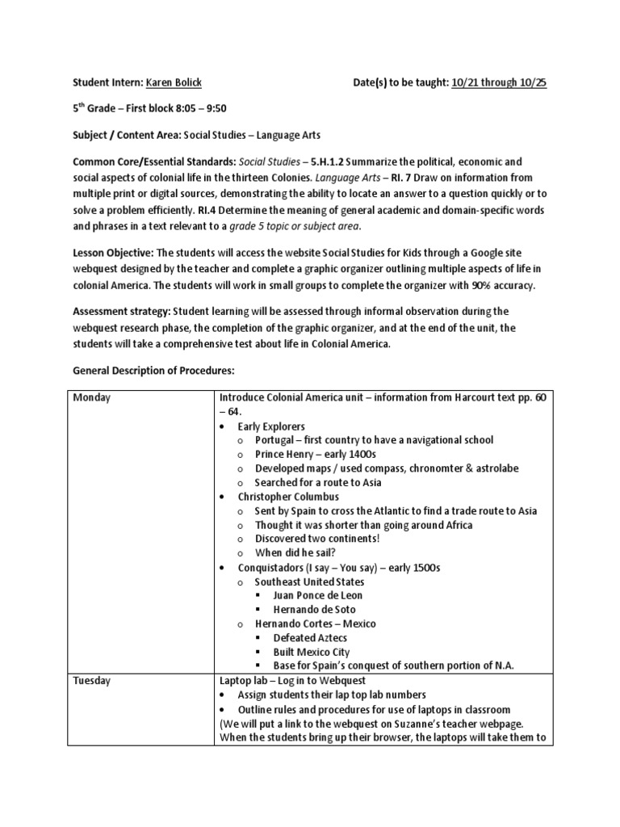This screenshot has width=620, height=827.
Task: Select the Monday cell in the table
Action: [x=93, y=397]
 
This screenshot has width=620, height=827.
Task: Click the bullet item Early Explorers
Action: [x=271, y=426]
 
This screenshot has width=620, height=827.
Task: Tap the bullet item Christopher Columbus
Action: [x=288, y=497]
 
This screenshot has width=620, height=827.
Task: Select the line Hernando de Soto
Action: [x=314, y=610]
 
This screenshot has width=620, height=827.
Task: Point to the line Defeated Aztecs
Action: [x=311, y=638]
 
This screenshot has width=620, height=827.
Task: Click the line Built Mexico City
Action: [x=312, y=652]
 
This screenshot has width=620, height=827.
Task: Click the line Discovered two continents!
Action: [x=317, y=539]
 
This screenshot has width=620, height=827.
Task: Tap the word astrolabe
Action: [x=493, y=468]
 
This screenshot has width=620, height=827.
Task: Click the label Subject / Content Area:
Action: [x=127, y=135]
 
